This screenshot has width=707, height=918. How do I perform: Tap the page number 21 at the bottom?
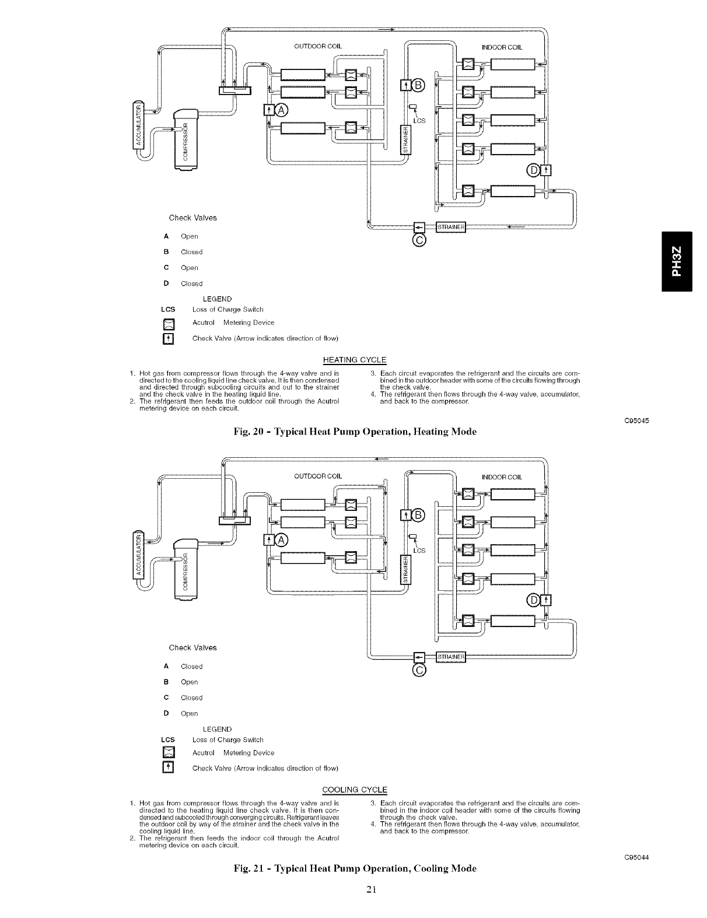[x=353, y=905]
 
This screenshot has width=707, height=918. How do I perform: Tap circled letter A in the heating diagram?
[x=282, y=110]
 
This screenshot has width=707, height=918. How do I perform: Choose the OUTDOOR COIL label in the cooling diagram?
[x=317, y=476]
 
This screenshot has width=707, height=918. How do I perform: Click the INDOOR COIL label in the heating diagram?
[x=502, y=47]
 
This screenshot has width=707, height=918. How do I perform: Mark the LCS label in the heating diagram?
[x=419, y=121]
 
